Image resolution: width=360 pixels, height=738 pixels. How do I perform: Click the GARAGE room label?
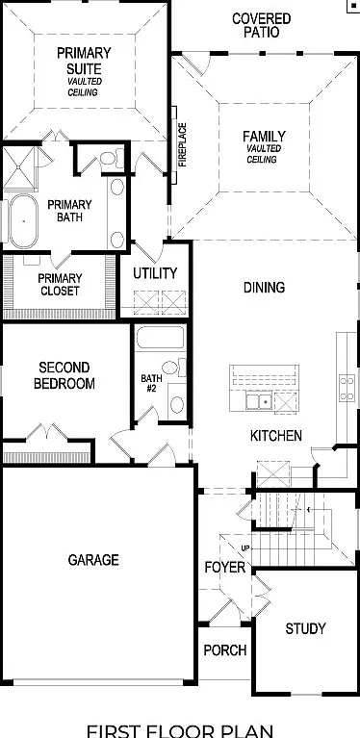(93, 560)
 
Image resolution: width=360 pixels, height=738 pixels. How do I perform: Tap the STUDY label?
(305, 628)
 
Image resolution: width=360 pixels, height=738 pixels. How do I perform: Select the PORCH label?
(225, 650)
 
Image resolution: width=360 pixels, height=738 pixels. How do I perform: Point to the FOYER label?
(225, 568)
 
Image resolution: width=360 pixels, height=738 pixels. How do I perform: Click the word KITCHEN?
(275, 436)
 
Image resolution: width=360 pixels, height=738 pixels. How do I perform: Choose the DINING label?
(264, 288)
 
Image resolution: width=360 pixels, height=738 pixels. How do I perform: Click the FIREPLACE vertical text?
(183, 144)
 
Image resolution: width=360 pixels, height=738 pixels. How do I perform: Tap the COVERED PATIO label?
(262, 25)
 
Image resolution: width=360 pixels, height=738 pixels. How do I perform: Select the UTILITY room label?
(155, 273)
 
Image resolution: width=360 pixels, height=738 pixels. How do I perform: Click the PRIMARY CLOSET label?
(61, 284)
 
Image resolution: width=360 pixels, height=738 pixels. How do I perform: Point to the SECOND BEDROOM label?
(64, 375)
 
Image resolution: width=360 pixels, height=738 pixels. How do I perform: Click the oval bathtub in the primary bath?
(23, 220)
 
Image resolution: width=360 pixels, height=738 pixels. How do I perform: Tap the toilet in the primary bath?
(112, 159)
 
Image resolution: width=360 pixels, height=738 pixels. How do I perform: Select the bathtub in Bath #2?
(160, 337)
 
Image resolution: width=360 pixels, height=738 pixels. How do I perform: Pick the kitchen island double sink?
(258, 402)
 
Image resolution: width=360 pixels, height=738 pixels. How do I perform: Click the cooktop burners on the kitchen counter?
(347, 388)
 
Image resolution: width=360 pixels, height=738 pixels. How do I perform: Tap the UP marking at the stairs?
(245, 548)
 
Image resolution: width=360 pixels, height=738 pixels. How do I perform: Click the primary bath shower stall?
(19, 167)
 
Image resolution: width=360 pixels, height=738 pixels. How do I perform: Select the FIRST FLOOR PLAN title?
(180, 730)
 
